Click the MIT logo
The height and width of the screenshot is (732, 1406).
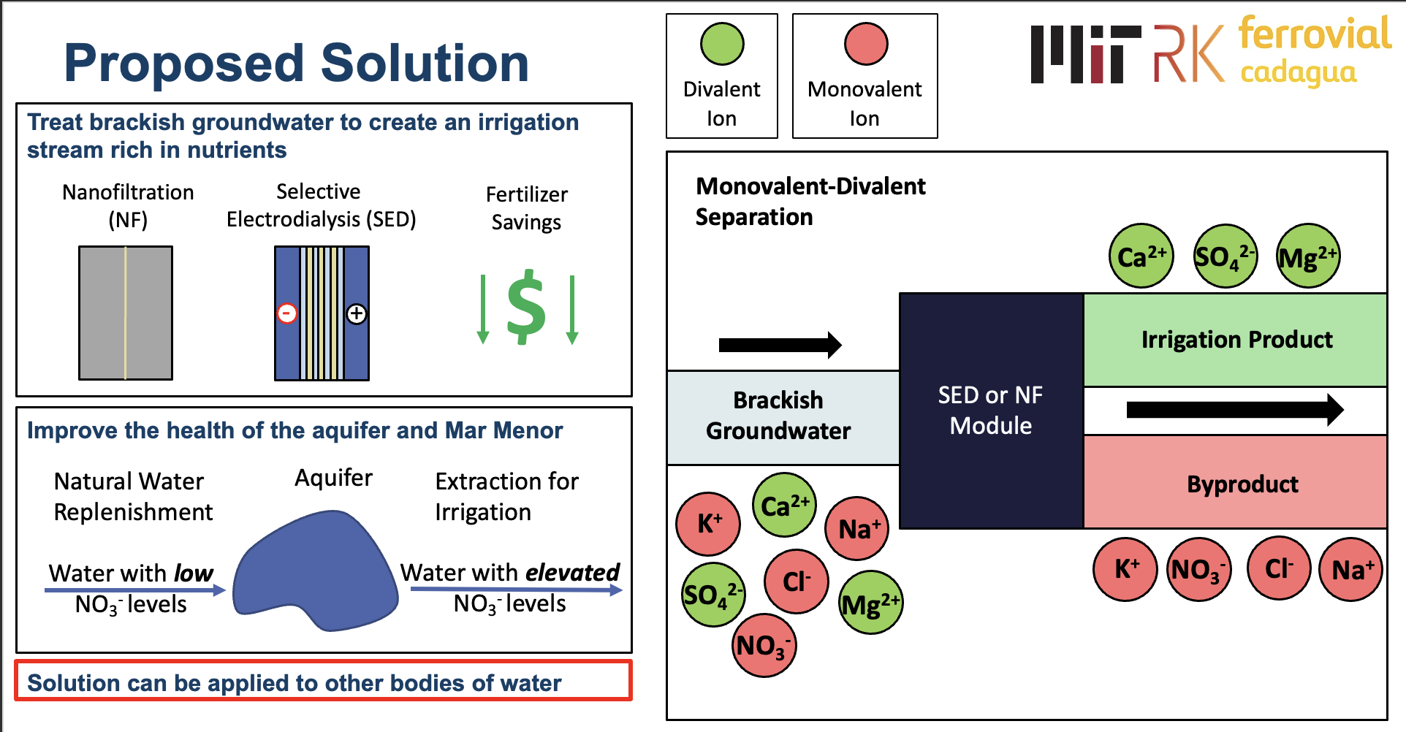point(1085,54)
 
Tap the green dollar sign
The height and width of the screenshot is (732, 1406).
point(526,307)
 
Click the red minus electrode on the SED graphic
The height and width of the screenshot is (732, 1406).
point(287,313)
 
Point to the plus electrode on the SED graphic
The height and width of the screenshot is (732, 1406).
point(356,313)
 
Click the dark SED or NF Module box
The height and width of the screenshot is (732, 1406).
point(991,411)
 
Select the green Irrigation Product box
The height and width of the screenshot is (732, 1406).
point(1235,340)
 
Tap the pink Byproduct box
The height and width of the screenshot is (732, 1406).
point(1235,483)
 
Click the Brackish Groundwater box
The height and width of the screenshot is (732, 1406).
point(779,416)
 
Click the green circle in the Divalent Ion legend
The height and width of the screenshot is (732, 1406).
point(722,44)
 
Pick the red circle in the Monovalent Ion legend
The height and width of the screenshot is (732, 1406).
point(866,44)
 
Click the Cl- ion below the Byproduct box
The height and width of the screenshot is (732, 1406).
point(1278,568)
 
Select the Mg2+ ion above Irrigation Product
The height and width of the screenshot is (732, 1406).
point(1308,256)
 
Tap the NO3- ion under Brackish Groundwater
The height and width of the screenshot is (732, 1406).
point(764,646)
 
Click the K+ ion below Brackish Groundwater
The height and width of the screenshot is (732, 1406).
point(708,523)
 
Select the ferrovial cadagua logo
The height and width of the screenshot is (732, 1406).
point(1313,51)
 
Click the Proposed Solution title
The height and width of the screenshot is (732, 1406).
point(296,63)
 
